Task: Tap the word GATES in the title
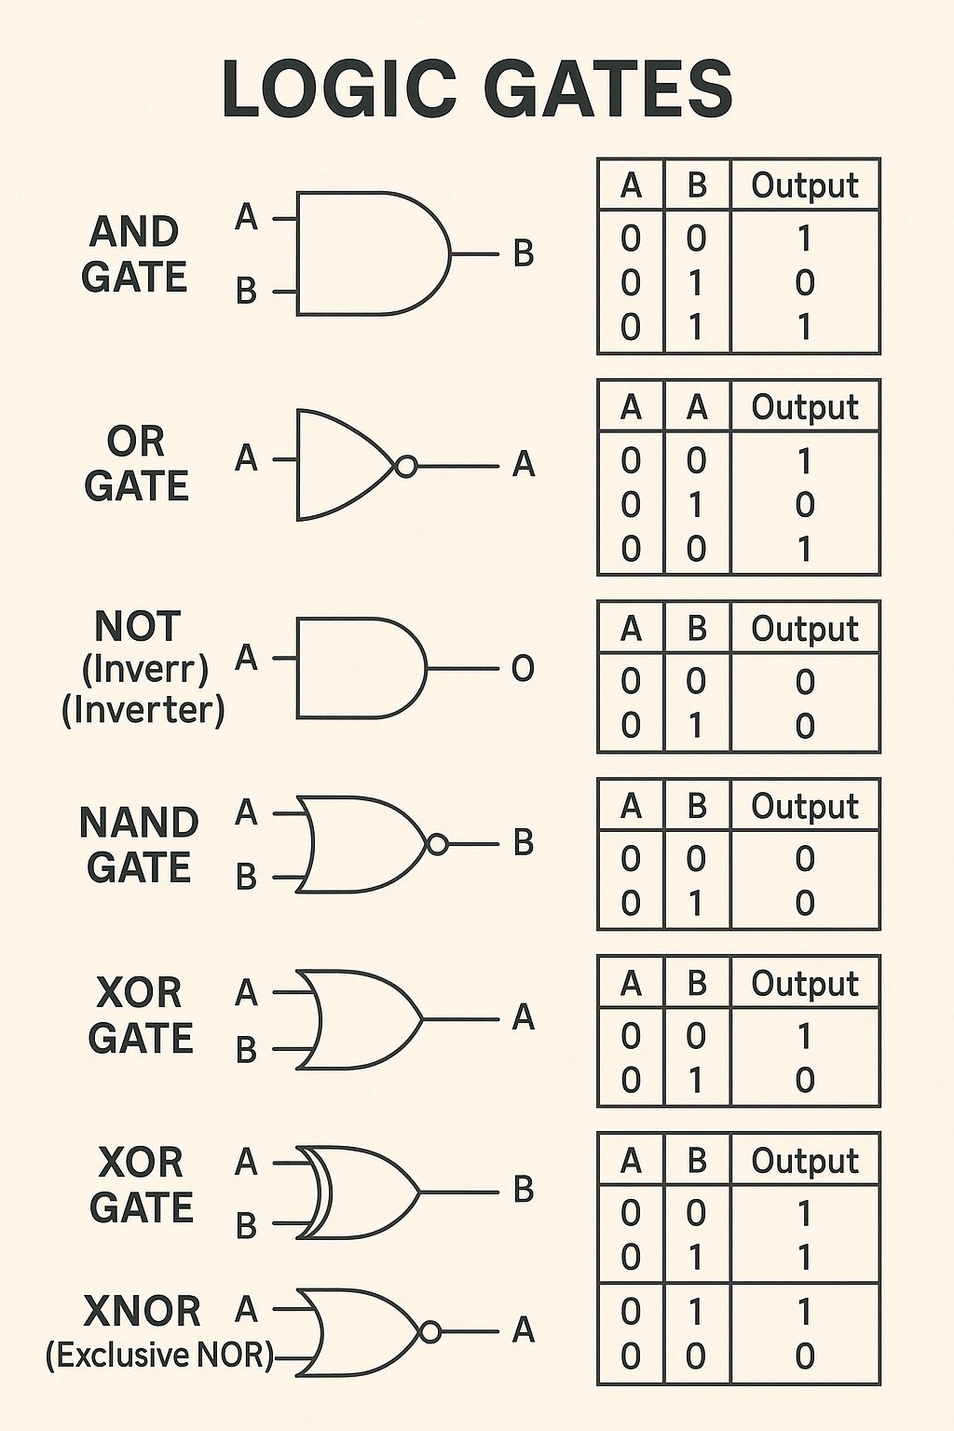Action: [x=613, y=89]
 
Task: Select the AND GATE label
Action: [x=134, y=254]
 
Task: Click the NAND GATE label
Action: [x=139, y=844]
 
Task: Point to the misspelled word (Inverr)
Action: [x=145, y=670]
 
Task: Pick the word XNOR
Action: [x=142, y=1311]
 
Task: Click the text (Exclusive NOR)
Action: [x=159, y=1355]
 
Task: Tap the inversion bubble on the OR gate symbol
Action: [x=406, y=467]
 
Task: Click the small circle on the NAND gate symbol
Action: [x=437, y=844]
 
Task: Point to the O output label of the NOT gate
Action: [x=523, y=669]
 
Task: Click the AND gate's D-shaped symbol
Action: [x=374, y=253]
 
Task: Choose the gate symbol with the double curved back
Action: [x=359, y=1192]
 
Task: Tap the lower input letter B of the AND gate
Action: [x=246, y=291]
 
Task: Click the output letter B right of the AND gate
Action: [x=524, y=253]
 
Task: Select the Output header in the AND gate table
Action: [x=805, y=186]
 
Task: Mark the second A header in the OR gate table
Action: [x=697, y=407]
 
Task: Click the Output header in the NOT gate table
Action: [x=805, y=629]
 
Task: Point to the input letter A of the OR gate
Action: [x=246, y=458]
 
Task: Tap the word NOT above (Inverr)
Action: [x=137, y=627]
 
